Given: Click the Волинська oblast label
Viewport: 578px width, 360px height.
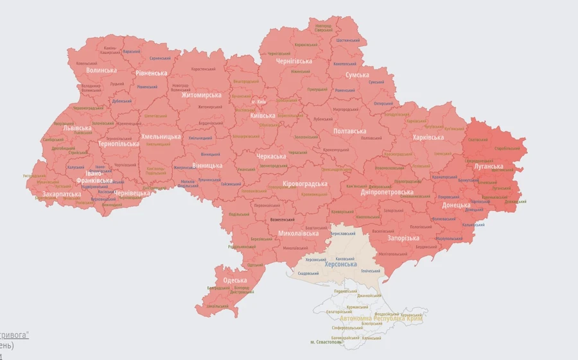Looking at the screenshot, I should pos(101,71).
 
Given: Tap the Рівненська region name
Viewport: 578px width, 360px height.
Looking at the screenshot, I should pos(152,74).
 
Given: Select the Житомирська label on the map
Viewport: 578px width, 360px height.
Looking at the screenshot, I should pos(201,96).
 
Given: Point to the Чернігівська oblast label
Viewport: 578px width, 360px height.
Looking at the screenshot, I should pos(294,62).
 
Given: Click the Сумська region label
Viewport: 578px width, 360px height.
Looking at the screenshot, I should pos(358,75).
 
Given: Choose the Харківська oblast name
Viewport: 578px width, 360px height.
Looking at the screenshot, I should pos(428,138).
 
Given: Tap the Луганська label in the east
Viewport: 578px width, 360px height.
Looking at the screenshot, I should pos(489,167).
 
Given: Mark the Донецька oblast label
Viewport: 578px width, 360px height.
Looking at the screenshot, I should pos(456,205).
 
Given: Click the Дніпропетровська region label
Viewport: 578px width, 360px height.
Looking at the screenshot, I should pos(387,192).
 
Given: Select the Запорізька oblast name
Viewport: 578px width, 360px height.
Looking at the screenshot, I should pos(403,238).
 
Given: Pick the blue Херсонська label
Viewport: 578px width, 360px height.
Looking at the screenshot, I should pos(340,264).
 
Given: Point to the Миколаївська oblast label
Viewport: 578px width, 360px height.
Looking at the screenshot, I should pos(299,233).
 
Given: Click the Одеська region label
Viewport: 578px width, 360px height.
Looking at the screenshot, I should pos(235,280).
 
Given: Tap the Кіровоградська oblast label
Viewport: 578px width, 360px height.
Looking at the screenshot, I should pos(305,184).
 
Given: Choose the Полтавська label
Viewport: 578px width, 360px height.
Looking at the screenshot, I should pos(350,131).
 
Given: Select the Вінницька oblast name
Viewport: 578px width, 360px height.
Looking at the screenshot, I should pos(207,166).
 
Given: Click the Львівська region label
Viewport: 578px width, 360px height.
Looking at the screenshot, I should pos(77,128).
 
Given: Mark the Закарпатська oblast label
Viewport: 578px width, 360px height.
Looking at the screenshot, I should pos(61,194).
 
